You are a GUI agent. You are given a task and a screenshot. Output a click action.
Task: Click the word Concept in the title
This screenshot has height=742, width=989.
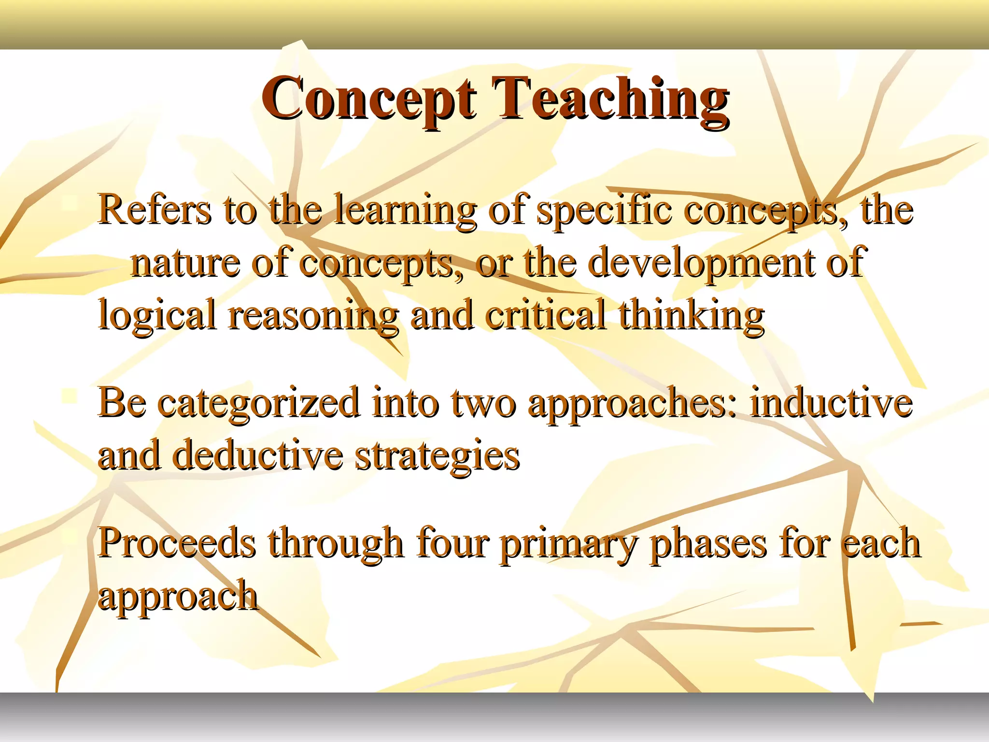click(x=369, y=99)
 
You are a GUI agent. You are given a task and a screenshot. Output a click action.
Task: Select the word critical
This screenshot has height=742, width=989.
click(x=545, y=315)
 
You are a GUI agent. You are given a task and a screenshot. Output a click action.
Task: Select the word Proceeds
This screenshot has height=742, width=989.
click(x=177, y=543)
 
